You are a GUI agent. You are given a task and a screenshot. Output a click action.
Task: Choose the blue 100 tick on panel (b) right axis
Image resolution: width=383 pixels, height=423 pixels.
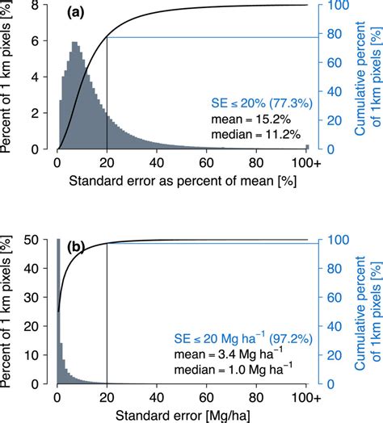pos(335,239)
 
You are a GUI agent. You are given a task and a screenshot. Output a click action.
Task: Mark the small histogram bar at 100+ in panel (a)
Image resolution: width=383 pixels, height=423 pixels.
pos(307,147)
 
